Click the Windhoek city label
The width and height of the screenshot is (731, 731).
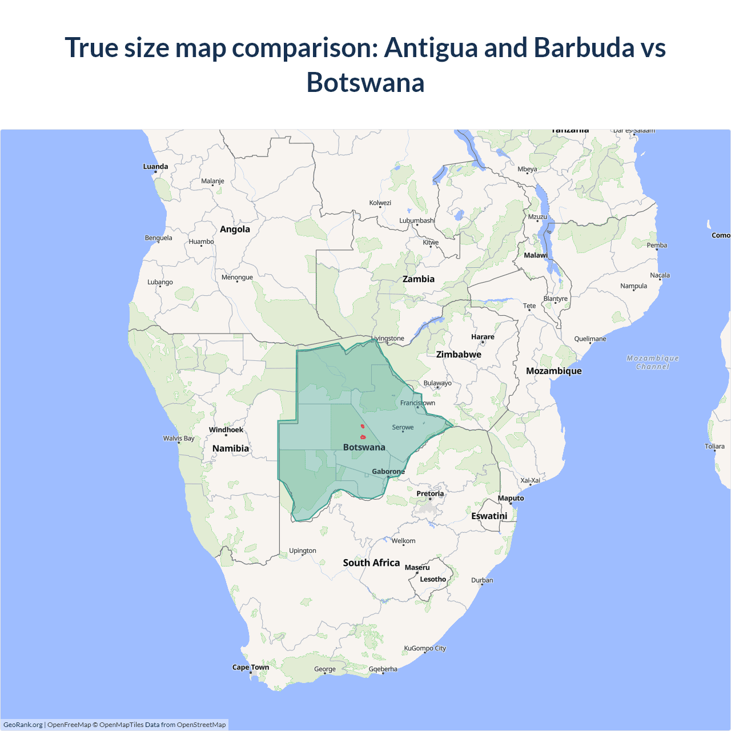coord(226,430)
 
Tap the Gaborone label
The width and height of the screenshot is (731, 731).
coord(388,472)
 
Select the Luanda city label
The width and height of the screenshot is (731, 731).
coord(155,167)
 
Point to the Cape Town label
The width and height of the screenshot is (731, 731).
coord(250,667)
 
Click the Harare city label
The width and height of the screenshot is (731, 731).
coord(483,337)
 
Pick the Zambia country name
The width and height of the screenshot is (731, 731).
coord(418,279)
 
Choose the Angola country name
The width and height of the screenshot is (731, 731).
coord(235,229)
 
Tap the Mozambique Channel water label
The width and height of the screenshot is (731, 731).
coord(653,362)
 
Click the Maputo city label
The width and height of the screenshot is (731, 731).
coord(511,498)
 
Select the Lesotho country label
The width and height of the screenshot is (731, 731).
coord(433,579)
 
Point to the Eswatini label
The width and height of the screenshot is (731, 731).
coord(489,516)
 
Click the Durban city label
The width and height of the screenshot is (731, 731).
coord(482,580)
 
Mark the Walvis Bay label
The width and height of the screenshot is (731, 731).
coord(179,439)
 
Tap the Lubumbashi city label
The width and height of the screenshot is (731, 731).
coord(417,220)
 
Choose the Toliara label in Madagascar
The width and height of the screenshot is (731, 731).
coord(714,447)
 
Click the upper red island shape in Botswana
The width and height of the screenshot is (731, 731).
coord(362,426)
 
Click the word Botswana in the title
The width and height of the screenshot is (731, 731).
coord(365,82)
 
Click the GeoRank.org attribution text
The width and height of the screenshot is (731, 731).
coord(23,725)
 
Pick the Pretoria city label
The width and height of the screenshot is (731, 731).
coord(430,493)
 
